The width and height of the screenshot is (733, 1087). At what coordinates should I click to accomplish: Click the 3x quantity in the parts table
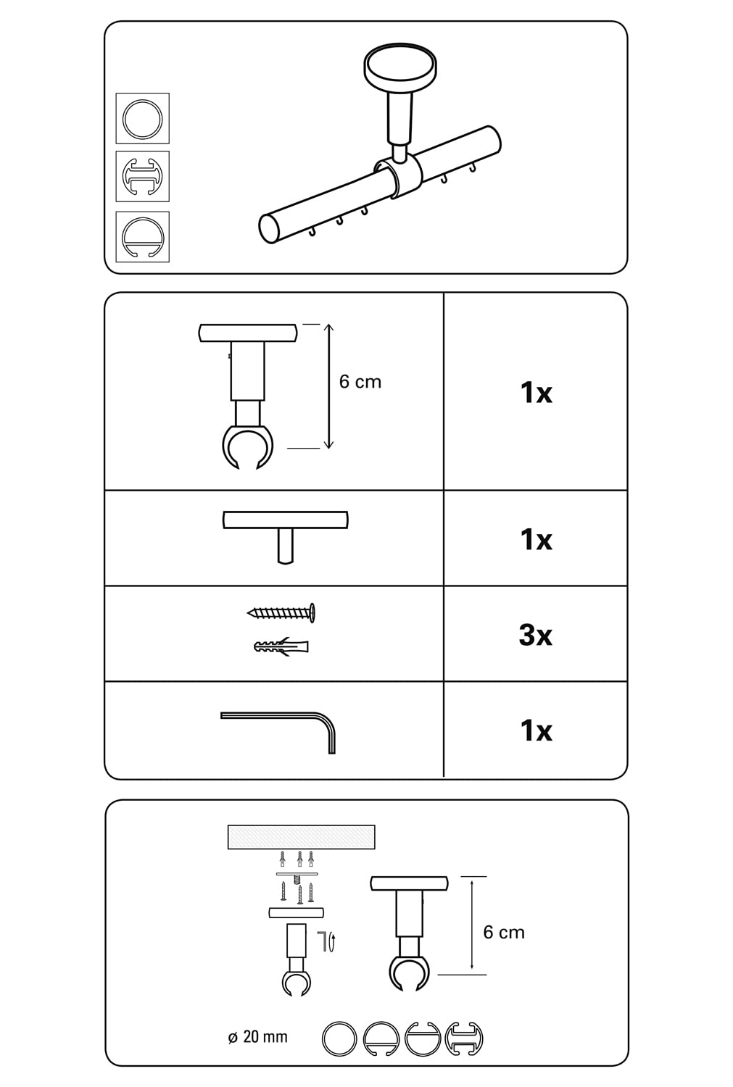tap(536, 635)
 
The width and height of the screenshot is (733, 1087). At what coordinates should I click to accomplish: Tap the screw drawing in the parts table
tap(281, 613)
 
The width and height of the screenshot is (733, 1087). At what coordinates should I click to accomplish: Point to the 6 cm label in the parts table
tap(360, 382)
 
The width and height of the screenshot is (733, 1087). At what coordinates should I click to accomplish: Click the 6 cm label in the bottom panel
tap(504, 933)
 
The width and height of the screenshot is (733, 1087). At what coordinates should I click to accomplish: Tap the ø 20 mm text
tap(257, 1037)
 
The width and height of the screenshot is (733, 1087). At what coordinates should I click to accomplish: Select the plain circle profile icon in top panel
tap(143, 118)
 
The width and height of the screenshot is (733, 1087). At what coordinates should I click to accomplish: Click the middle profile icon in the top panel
tap(143, 176)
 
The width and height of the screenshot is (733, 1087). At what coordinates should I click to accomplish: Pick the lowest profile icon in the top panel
tap(143, 237)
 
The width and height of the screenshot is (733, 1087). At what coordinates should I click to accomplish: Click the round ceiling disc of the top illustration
tap(400, 66)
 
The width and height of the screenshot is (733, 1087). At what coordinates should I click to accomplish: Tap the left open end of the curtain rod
tap(270, 228)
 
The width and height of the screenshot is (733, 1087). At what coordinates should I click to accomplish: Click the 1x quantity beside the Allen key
tap(536, 730)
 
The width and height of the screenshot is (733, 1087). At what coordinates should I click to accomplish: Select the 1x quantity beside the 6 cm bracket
tap(536, 393)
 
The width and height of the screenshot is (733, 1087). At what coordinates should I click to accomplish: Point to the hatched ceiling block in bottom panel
tap(301, 836)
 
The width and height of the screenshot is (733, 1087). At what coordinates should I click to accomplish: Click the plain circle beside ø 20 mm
tap(339, 1039)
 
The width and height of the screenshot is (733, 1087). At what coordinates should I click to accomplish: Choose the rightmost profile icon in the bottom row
tap(465, 1039)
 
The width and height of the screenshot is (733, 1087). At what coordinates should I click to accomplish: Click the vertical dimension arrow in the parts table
tap(328, 386)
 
